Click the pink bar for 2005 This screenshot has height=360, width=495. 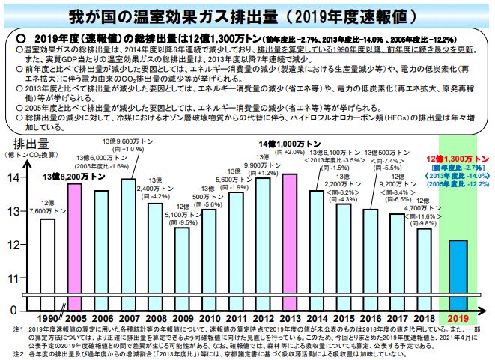click(74, 243)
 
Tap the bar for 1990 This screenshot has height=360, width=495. click(47, 262)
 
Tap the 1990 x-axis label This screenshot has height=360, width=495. click(47, 319)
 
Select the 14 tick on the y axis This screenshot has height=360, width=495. click(16, 178)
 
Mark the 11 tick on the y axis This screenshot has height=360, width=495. click(16, 278)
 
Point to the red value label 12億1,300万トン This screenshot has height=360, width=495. click(457, 159)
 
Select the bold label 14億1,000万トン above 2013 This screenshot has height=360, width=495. click(289, 143)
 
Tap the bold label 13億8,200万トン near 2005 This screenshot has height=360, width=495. click(74, 177)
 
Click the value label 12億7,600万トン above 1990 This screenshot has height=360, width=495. click(47, 206)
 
